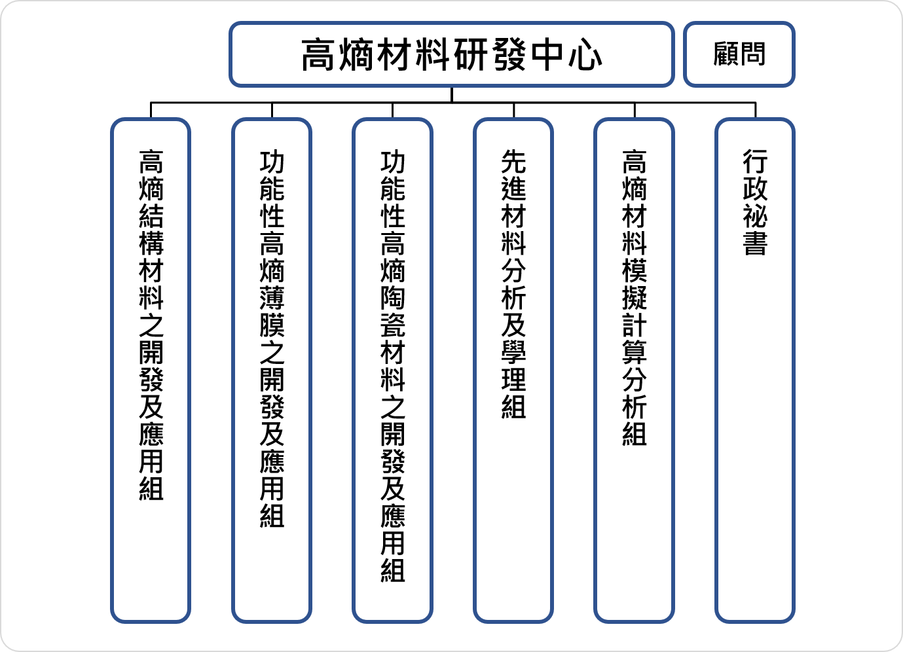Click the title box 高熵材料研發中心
452,54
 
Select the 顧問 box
739,54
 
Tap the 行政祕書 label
755,202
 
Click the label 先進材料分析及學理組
513,284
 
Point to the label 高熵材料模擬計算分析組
634,297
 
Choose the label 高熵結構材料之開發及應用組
151,325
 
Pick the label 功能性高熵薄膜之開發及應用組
272,338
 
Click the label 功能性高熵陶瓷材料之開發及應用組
393,366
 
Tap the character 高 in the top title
318,54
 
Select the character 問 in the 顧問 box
752,54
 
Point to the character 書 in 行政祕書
755,243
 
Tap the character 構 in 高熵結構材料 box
151,244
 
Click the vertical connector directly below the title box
452,95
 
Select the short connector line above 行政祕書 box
755,110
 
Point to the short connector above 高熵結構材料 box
151,110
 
